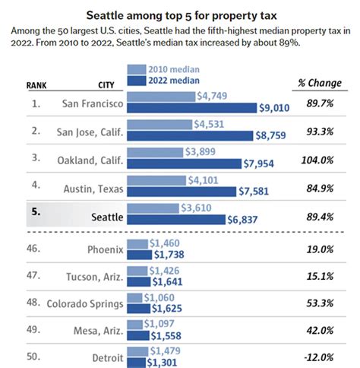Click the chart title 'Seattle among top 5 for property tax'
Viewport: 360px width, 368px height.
pyautogui.click(x=181, y=14)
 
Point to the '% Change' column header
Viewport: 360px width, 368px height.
pyautogui.click(x=317, y=81)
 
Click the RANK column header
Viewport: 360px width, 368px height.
pyautogui.click(x=28, y=84)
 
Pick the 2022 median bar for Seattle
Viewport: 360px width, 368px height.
pyautogui.click(x=178, y=220)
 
